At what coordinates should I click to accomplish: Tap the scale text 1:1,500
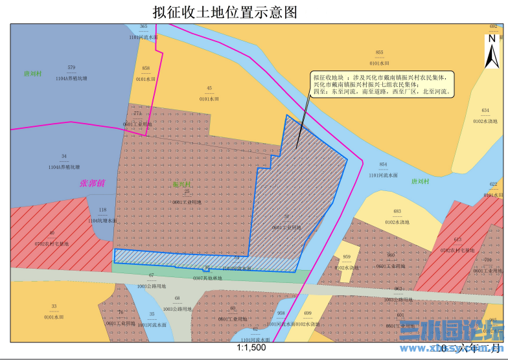tap(253, 348)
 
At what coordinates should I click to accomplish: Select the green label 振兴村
tap(182, 185)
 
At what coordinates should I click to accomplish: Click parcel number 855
tap(379, 52)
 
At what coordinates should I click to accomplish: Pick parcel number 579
tap(71, 68)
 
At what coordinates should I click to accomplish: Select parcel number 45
tap(209, 88)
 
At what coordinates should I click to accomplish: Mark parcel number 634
tap(485, 110)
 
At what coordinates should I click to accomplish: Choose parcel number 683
tap(397, 212)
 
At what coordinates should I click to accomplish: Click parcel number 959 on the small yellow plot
tap(346, 257)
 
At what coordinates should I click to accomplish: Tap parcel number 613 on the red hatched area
tap(457, 240)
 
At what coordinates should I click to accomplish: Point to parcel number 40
tap(52, 233)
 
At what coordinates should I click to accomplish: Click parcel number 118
tap(102, 210)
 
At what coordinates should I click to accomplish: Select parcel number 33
tap(54, 306)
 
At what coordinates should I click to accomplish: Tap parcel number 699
tap(308, 313)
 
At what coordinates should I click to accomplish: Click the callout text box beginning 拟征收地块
tap(382, 84)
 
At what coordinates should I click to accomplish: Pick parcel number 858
tap(146, 69)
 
